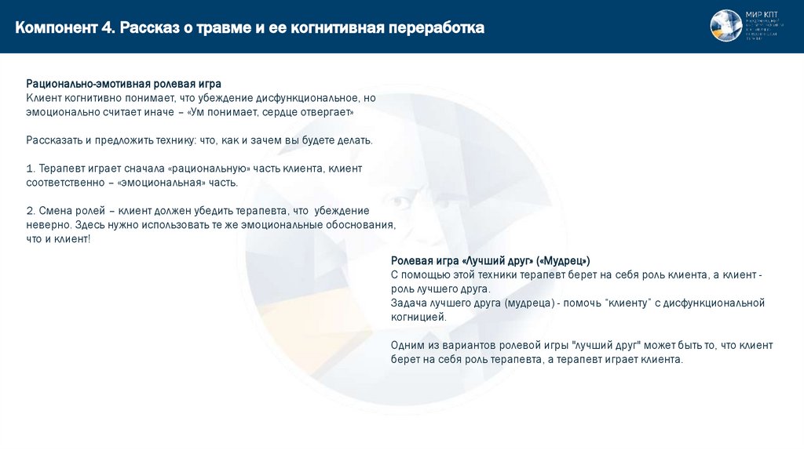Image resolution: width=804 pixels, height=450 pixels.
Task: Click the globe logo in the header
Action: click(725, 25)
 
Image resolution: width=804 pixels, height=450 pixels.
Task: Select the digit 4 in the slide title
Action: click(107, 28)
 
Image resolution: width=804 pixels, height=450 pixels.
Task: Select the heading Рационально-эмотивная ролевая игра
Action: click(124, 83)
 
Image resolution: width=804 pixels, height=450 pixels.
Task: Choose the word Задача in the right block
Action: click(408, 303)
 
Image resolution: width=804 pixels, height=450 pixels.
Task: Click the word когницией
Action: click(418, 318)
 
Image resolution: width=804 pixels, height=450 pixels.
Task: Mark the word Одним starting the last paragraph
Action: click(407, 346)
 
